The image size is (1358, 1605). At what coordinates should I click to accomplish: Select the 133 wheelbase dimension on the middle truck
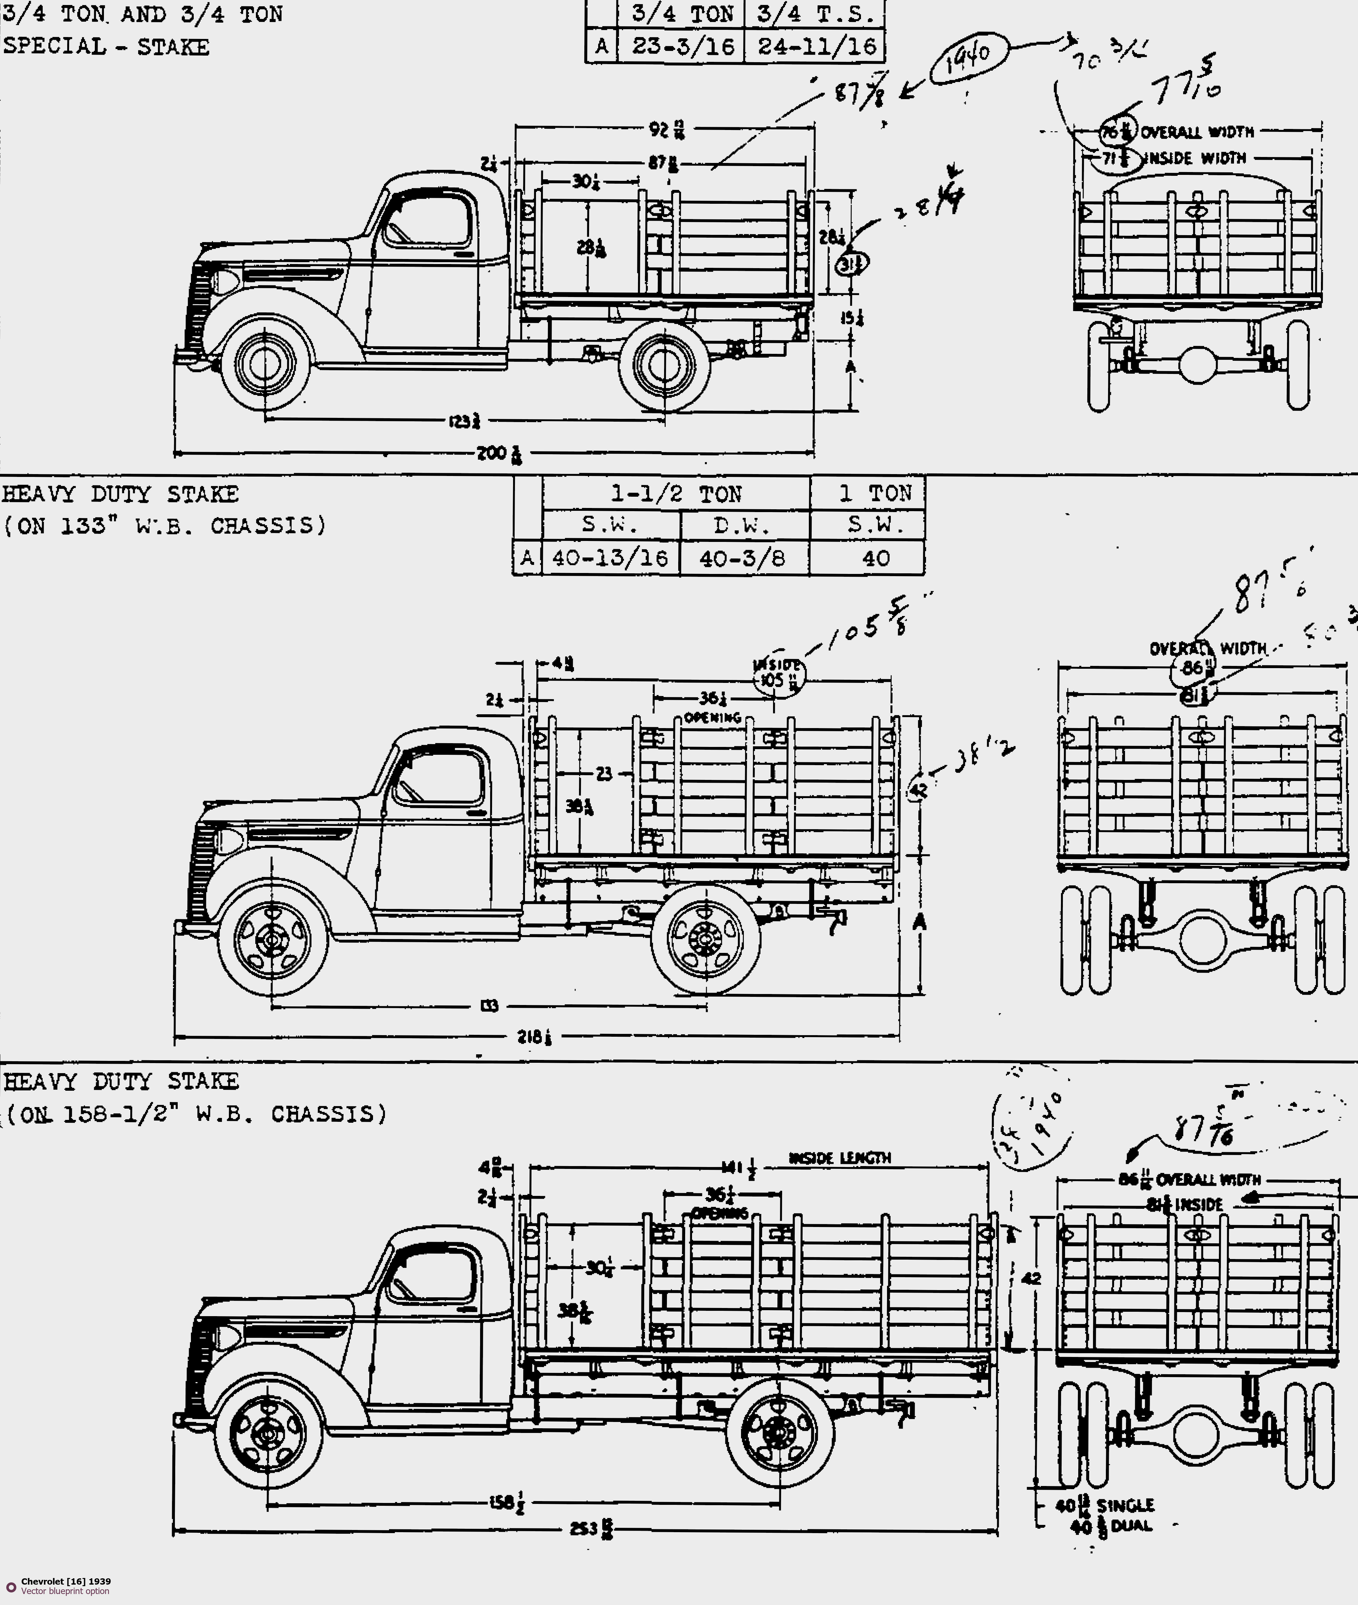pos(489,1005)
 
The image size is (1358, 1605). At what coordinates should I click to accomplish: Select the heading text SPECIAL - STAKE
pos(106,47)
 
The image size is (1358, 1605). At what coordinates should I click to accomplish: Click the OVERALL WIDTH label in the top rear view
pos(1197,132)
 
